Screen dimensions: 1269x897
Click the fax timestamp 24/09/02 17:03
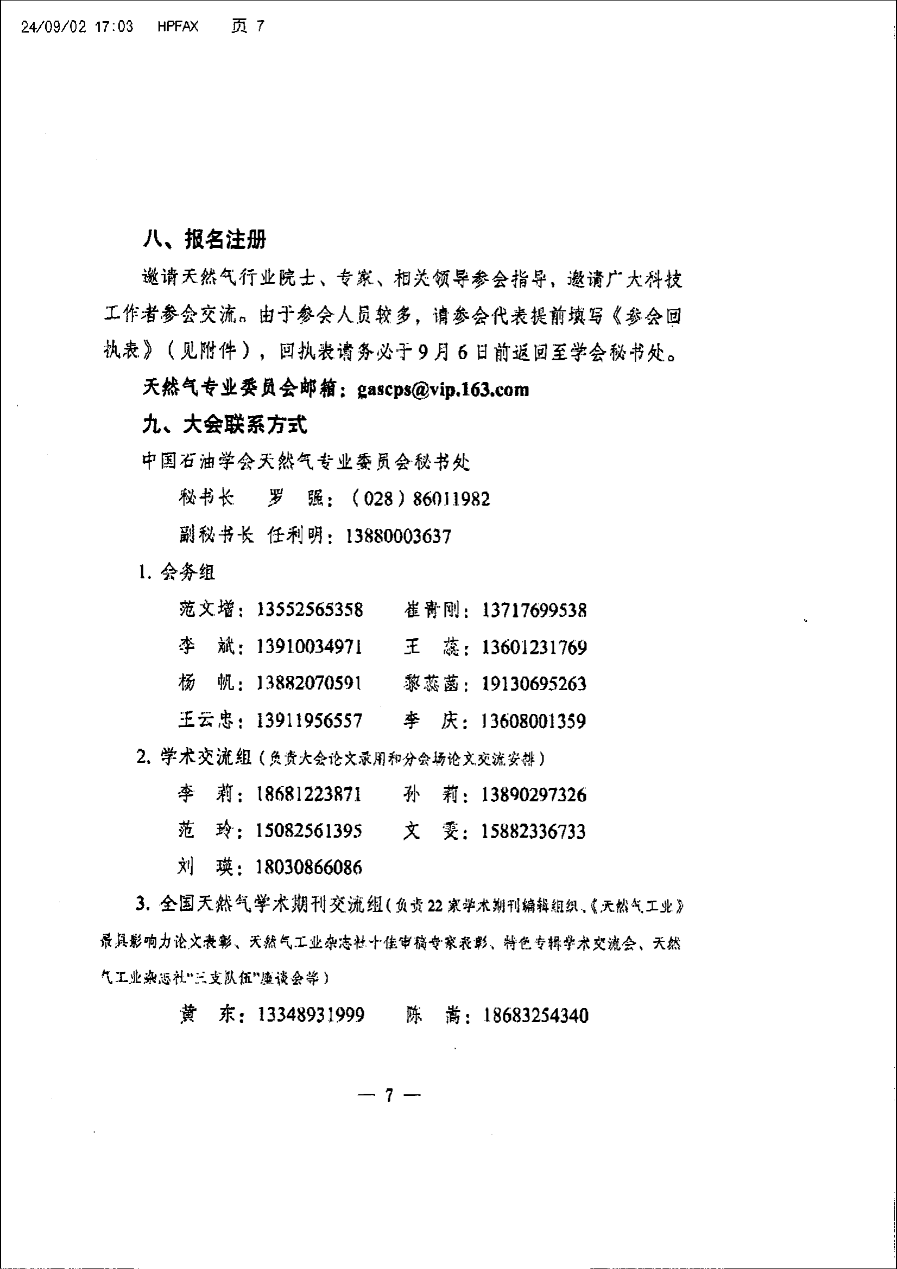pyautogui.click(x=77, y=27)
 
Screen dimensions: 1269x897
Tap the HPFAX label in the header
pyautogui.click(x=178, y=27)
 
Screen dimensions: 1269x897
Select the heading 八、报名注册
pyautogui.click(x=204, y=239)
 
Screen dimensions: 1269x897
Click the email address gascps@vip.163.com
pyautogui.click(x=443, y=390)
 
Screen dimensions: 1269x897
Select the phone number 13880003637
pyautogui.click(x=398, y=535)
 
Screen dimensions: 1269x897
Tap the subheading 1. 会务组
pyautogui.click(x=176, y=572)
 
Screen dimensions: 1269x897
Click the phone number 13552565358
pyautogui.click(x=309, y=610)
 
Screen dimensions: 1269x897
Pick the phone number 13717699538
pyautogui.click(x=534, y=610)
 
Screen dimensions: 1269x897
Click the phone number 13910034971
pyautogui.click(x=309, y=647)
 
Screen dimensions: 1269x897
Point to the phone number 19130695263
pyautogui.click(x=534, y=684)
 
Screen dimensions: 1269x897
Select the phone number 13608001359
pyautogui.click(x=534, y=720)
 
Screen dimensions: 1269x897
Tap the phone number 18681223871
pyautogui.click(x=308, y=795)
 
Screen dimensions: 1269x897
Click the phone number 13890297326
pyautogui.click(x=534, y=795)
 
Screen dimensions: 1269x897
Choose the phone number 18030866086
pyautogui.click(x=308, y=868)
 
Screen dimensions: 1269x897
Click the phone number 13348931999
pyautogui.click(x=311, y=1015)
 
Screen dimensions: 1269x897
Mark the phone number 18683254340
pyautogui.click(x=536, y=1015)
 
